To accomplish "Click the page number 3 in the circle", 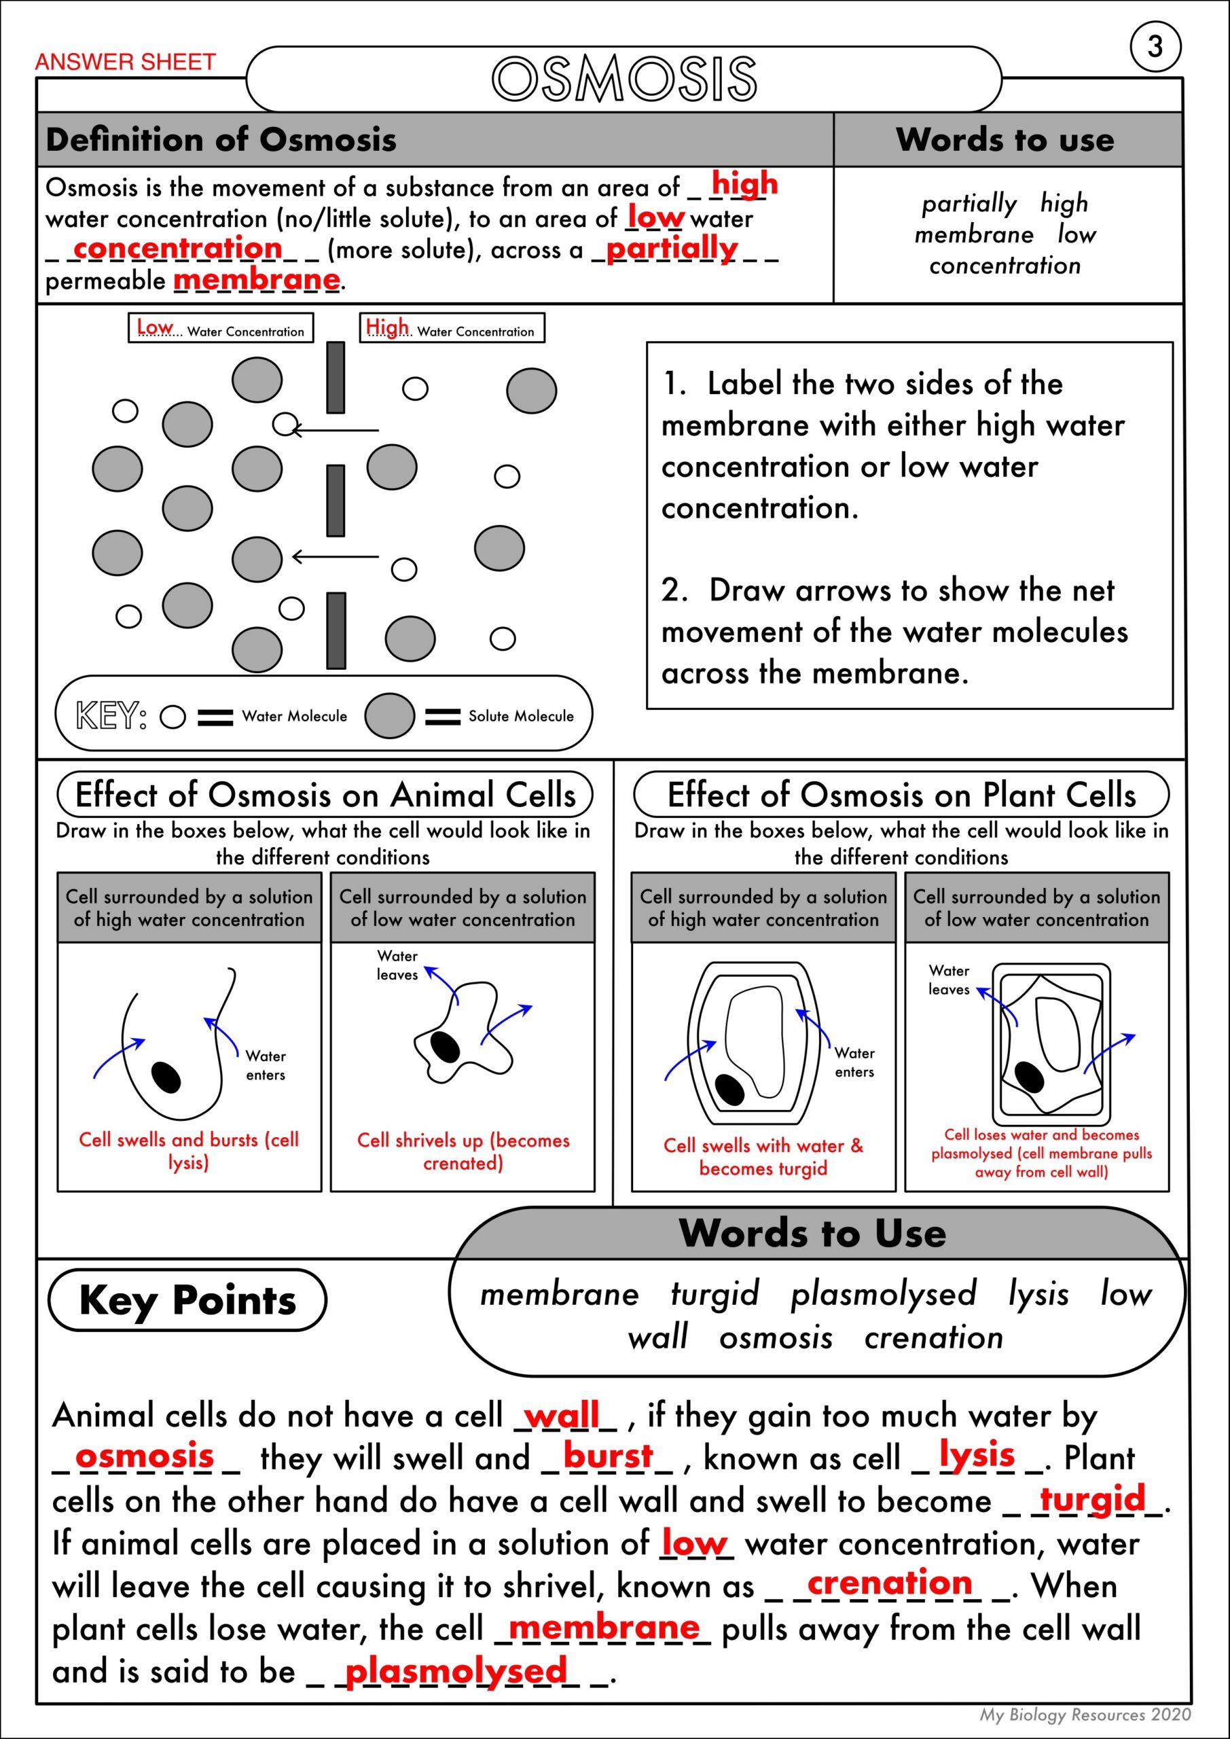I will click(x=1155, y=47).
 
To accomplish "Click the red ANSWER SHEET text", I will click(x=125, y=62).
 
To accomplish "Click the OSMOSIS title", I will click(x=624, y=79).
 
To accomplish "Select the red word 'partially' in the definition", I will click(x=671, y=249).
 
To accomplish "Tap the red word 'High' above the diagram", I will click(x=386, y=327).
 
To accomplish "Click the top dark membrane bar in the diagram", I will click(x=336, y=377).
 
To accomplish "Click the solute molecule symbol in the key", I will click(x=389, y=716).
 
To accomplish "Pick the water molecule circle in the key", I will click(x=173, y=717).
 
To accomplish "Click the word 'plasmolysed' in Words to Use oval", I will click(x=883, y=1293).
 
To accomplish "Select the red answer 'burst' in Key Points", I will click(x=607, y=1455).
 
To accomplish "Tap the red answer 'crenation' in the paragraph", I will click(x=889, y=1582).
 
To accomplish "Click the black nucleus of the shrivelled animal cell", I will click(x=445, y=1047).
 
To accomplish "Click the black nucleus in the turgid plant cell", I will click(x=729, y=1089).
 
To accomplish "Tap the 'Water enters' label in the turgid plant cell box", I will click(x=854, y=1062).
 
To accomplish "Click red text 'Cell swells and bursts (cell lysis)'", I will click(x=189, y=1150).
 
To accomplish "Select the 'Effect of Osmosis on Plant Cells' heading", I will click(x=901, y=795).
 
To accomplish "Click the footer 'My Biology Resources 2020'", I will click(x=1085, y=1715).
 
